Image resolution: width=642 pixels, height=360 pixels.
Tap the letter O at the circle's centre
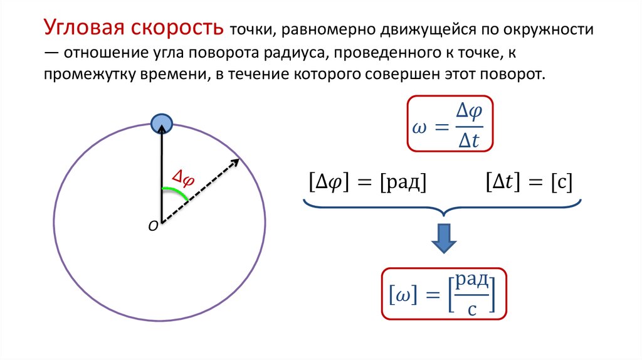pyautogui.click(x=152, y=228)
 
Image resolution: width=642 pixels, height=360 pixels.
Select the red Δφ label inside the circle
pyautogui.click(x=184, y=177)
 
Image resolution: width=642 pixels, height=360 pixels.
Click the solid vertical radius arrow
pyautogui.click(x=162, y=176)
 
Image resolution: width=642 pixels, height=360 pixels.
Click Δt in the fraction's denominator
pyautogui.click(x=468, y=141)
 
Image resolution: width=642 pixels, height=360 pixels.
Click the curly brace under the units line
pyautogui.click(x=443, y=207)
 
